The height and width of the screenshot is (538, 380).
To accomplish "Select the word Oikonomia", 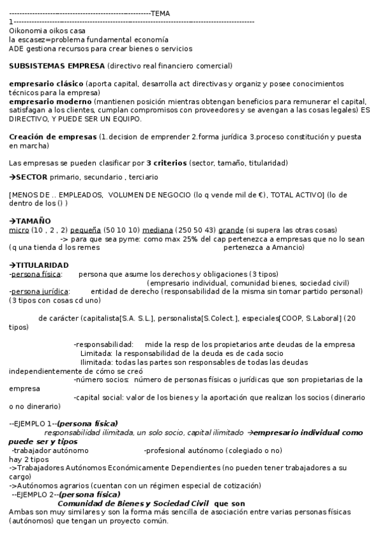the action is (x=29, y=30).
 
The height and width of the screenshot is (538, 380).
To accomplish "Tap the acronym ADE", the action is (x=16, y=48).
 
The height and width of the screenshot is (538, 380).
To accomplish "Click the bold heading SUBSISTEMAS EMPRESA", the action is (x=57, y=66).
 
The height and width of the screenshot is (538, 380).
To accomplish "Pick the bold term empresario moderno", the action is (x=50, y=102).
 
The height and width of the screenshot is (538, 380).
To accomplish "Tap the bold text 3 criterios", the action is (x=167, y=163).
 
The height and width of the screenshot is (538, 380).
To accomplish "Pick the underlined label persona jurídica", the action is (x=37, y=291).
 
